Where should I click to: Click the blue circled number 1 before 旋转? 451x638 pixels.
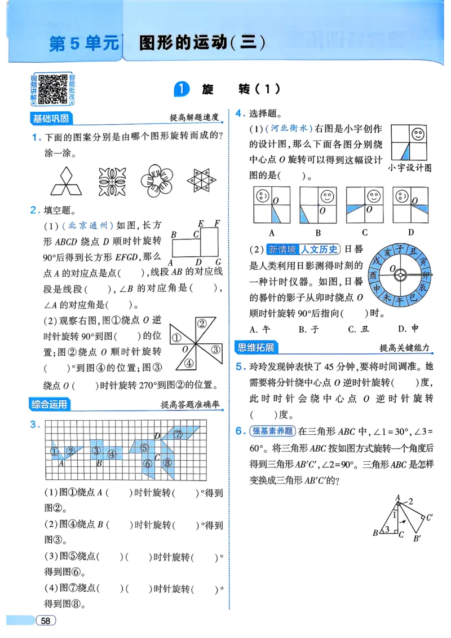[x=181, y=89]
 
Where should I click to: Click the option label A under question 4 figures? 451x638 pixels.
[x=272, y=233]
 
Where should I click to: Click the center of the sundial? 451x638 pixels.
[x=400, y=275]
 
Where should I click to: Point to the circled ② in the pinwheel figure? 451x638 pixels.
[x=202, y=323]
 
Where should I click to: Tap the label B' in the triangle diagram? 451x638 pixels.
[x=418, y=538]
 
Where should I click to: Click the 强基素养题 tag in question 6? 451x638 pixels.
[x=273, y=431]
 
